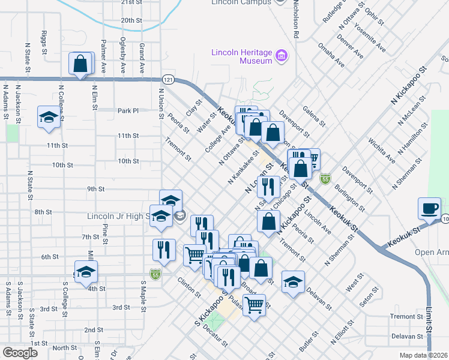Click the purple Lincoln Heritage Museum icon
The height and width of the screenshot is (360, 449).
click(281, 58)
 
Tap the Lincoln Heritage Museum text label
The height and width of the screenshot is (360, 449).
click(241, 56)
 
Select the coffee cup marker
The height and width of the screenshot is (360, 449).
click(429, 208)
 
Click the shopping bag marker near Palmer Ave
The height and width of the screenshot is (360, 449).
click(80, 63)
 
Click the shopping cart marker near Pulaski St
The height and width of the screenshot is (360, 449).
click(254, 305)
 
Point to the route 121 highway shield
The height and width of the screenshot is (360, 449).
click(168, 79)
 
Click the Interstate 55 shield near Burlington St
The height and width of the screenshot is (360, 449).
click(325, 179)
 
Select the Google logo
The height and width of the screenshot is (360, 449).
click(20, 353)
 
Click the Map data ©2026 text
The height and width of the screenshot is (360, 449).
click(424, 355)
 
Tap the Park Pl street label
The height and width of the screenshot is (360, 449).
click(128, 111)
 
